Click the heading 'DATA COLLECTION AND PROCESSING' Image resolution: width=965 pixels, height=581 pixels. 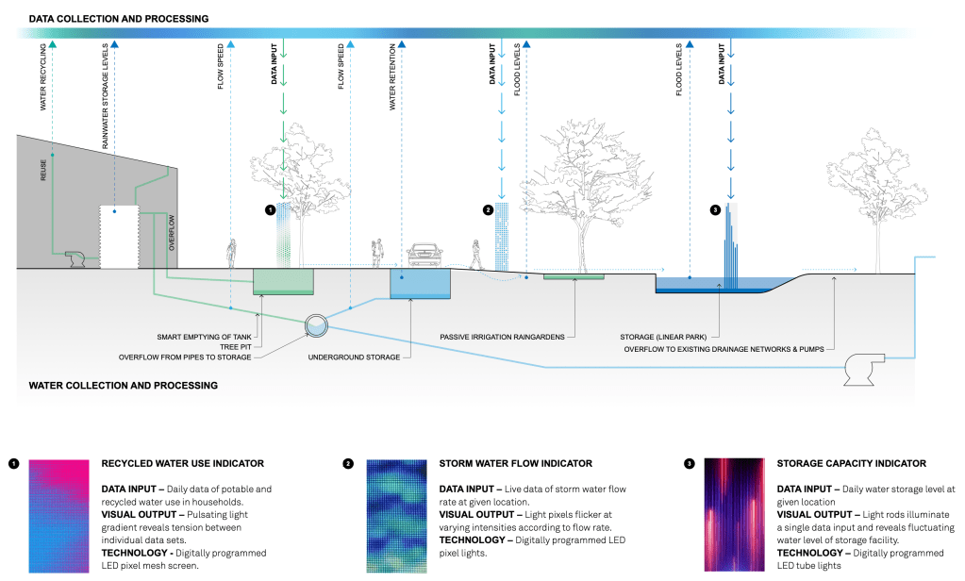pos(119,19)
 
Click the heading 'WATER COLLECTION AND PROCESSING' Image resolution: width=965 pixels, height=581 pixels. pos(123,385)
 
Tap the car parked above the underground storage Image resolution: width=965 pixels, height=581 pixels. pos(425,256)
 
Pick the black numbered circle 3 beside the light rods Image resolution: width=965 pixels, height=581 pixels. pos(715,209)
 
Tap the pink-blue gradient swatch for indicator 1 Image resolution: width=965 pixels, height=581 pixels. pos(59,515)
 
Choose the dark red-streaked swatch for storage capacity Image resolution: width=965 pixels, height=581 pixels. pos(736,515)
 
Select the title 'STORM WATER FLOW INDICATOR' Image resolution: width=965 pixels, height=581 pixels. pos(515,463)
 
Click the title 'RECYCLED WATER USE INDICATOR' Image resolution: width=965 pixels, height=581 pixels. pos(182,463)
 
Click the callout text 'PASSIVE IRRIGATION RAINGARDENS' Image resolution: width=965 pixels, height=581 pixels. pos(503,335)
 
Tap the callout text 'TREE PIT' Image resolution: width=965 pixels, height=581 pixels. pos(232,346)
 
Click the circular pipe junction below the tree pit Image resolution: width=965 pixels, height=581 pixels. pos(316,324)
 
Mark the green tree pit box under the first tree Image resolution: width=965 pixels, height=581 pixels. pos(283,280)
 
